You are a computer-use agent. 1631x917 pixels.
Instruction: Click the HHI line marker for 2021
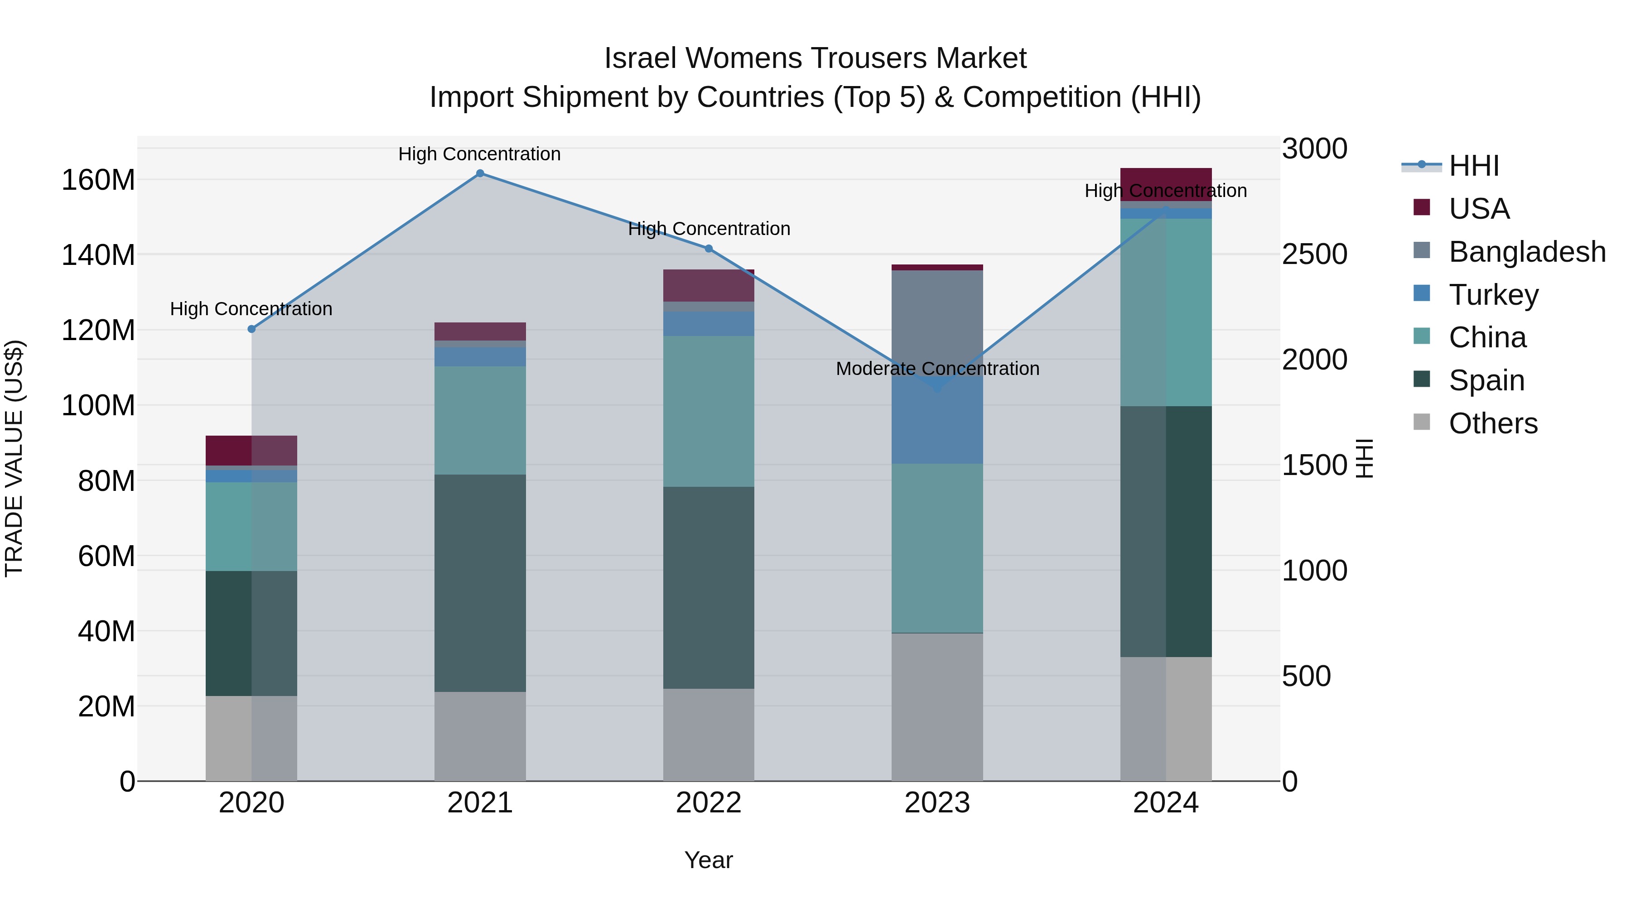click(480, 173)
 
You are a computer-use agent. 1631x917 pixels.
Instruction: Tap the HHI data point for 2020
click(251, 329)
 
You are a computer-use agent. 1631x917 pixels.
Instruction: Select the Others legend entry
click(1492, 423)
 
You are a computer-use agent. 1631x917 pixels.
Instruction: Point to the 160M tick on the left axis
click(98, 180)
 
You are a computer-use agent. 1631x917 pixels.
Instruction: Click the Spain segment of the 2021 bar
click(480, 582)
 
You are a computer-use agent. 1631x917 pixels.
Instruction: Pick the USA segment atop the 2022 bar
click(709, 285)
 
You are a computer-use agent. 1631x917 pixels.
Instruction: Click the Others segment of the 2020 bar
click(251, 738)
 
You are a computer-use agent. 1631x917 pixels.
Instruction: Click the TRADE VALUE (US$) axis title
click(14, 458)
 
